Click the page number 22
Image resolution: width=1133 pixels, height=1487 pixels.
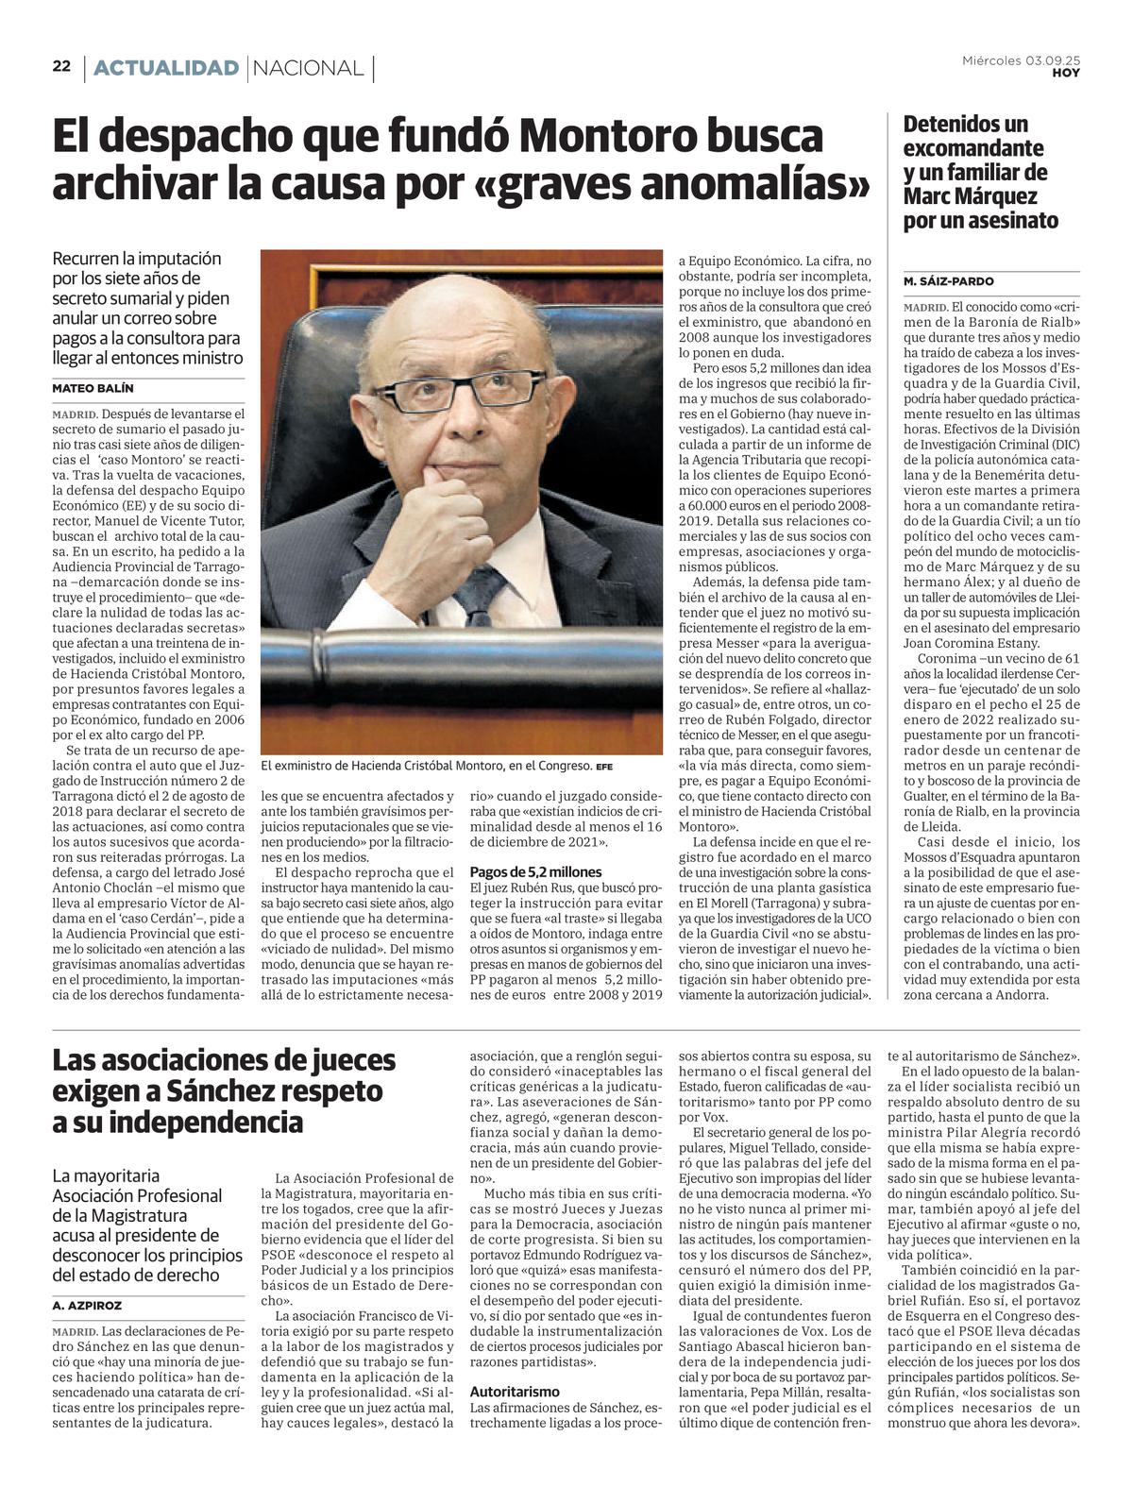point(61,66)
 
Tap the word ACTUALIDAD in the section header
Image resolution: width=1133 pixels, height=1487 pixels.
point(166,68)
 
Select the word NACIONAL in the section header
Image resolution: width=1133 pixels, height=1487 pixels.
point(309,68)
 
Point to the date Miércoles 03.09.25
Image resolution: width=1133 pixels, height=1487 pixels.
point(1021,60)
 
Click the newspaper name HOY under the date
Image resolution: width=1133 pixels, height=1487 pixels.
point(1066,73)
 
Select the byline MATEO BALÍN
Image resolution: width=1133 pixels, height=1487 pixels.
point(93,388)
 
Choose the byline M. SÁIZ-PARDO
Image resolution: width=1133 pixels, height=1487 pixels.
point(948,281)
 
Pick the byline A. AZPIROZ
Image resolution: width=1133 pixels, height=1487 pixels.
point(87,1305)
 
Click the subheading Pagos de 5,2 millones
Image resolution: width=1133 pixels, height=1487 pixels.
point(535,871)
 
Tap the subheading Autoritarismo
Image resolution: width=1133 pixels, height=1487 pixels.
point(515,1391)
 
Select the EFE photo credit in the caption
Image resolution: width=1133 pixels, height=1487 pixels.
point(603,767)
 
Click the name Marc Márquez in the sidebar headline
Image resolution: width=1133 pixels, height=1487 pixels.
point(970,196)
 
